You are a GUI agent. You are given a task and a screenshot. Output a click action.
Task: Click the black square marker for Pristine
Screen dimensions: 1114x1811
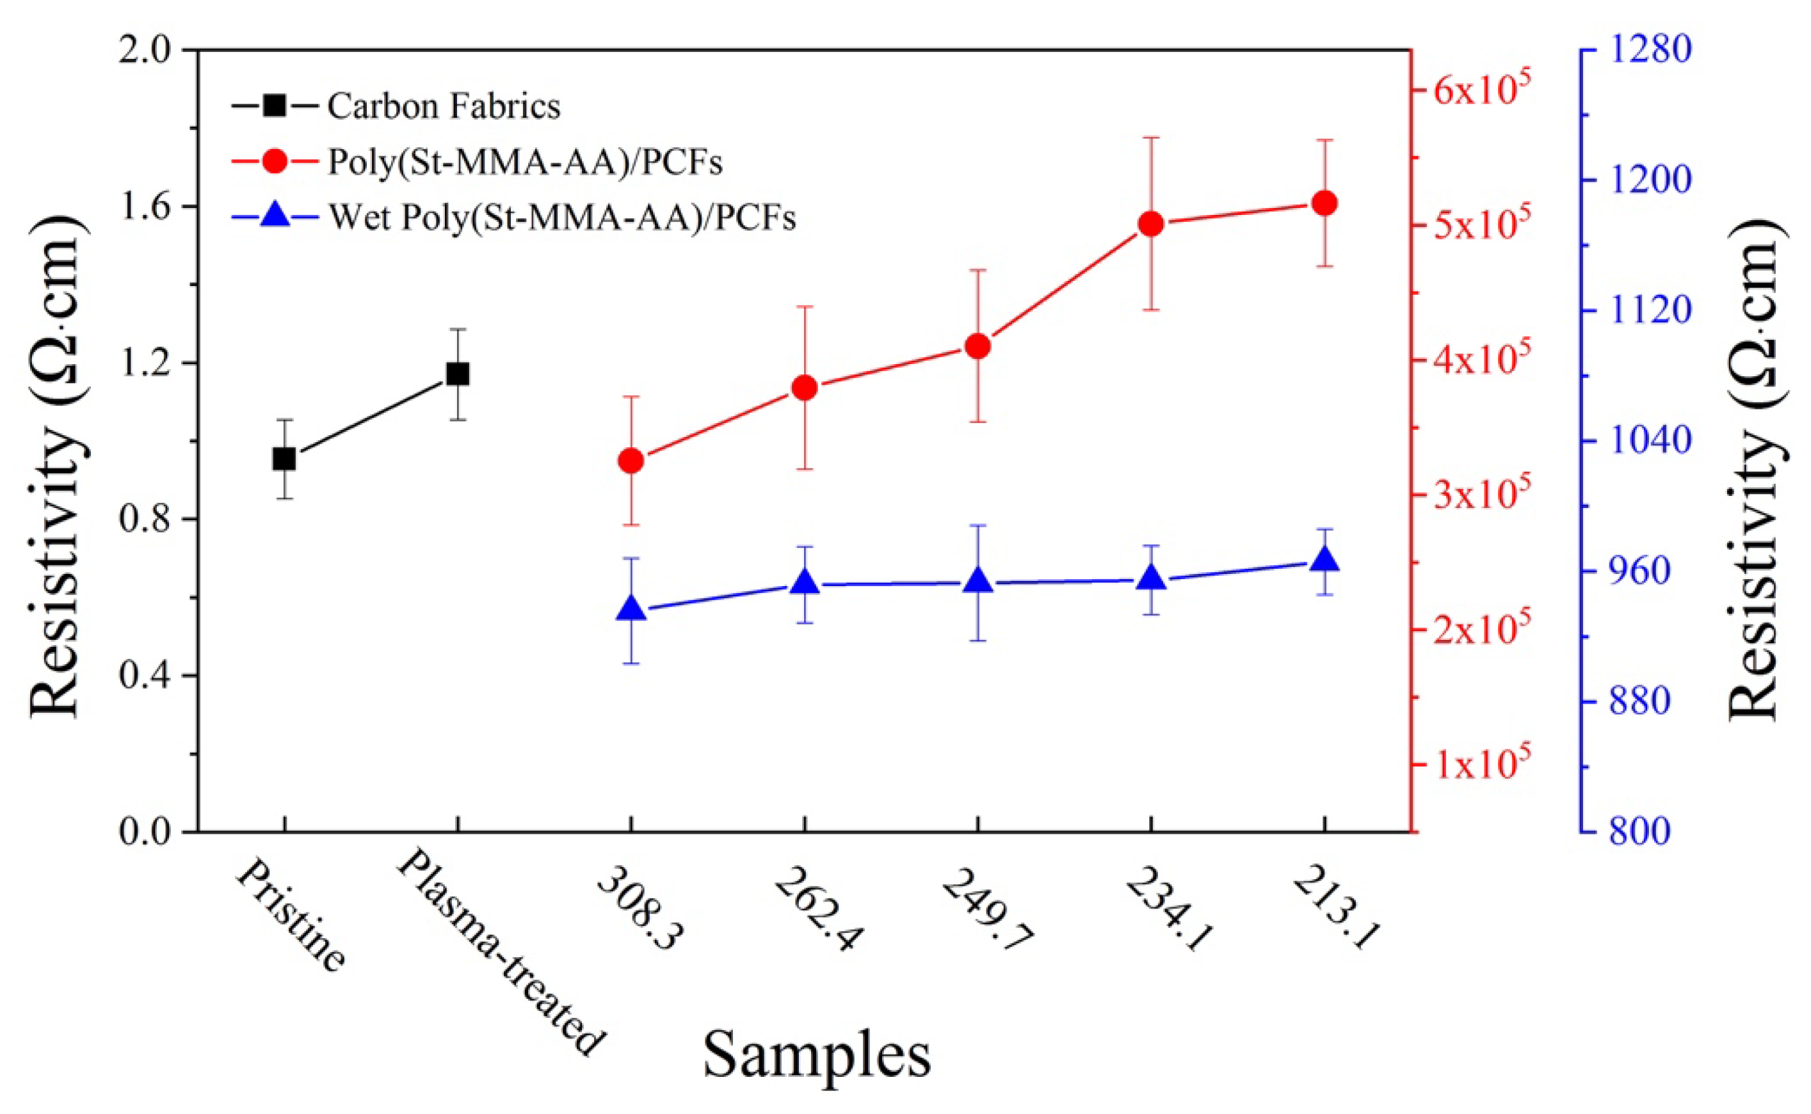(284, 459)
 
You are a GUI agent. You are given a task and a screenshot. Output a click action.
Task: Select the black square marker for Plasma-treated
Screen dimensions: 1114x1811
(457, 374)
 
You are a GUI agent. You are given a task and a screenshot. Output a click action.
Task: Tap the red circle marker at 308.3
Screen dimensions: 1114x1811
(631, 461)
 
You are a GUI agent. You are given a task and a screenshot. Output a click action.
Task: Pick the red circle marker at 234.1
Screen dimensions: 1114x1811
(1150, 224)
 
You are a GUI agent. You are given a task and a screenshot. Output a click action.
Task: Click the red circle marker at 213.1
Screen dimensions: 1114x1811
(1324, 203)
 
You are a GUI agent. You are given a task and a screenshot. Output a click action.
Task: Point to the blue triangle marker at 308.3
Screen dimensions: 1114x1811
(631, 609)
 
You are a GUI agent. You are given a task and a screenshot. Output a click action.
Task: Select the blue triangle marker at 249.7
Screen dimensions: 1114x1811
(978, 580)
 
